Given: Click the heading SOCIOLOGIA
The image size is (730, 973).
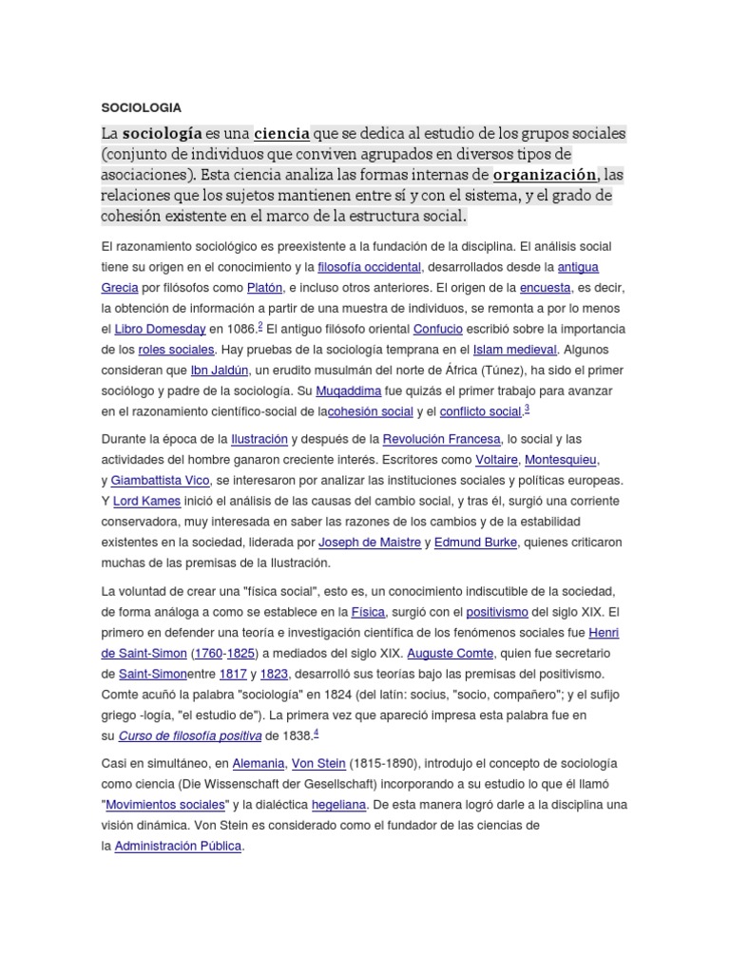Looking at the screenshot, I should click(x=141, y=107).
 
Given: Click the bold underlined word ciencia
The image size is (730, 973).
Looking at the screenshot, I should click(x=281, y=133).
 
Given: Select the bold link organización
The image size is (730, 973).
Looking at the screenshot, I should click(x=545, y=175).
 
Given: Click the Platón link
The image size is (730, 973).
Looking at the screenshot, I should click(x=264, y=287).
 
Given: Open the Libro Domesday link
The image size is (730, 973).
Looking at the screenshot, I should click(x=160, y=329).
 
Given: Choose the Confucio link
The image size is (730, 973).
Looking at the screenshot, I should click(x=438, y=329).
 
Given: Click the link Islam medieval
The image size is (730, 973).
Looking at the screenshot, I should click(x=513, y=350).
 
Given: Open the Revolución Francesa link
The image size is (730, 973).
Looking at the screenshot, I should click(x=441, y=439).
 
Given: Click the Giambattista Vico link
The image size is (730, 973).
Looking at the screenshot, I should click(x=160, y=481).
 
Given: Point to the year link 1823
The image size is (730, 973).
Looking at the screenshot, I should click(x=274, y=675).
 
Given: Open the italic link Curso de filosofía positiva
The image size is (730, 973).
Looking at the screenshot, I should click(x=189, y=735).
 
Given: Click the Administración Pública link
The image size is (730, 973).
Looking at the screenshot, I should click(x=179, y=846).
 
